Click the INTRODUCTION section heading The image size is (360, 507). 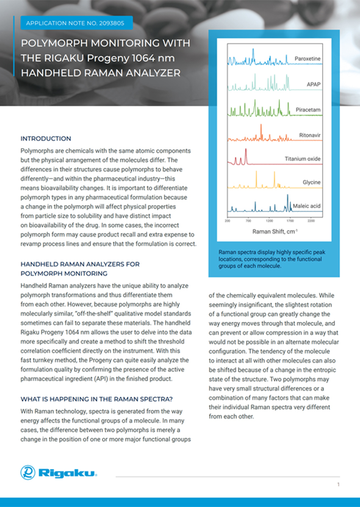tap(46, 138)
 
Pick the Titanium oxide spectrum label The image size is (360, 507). tap(302, 159)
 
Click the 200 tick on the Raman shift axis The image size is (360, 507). tap(228, 221)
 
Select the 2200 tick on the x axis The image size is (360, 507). tap(311, 221)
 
